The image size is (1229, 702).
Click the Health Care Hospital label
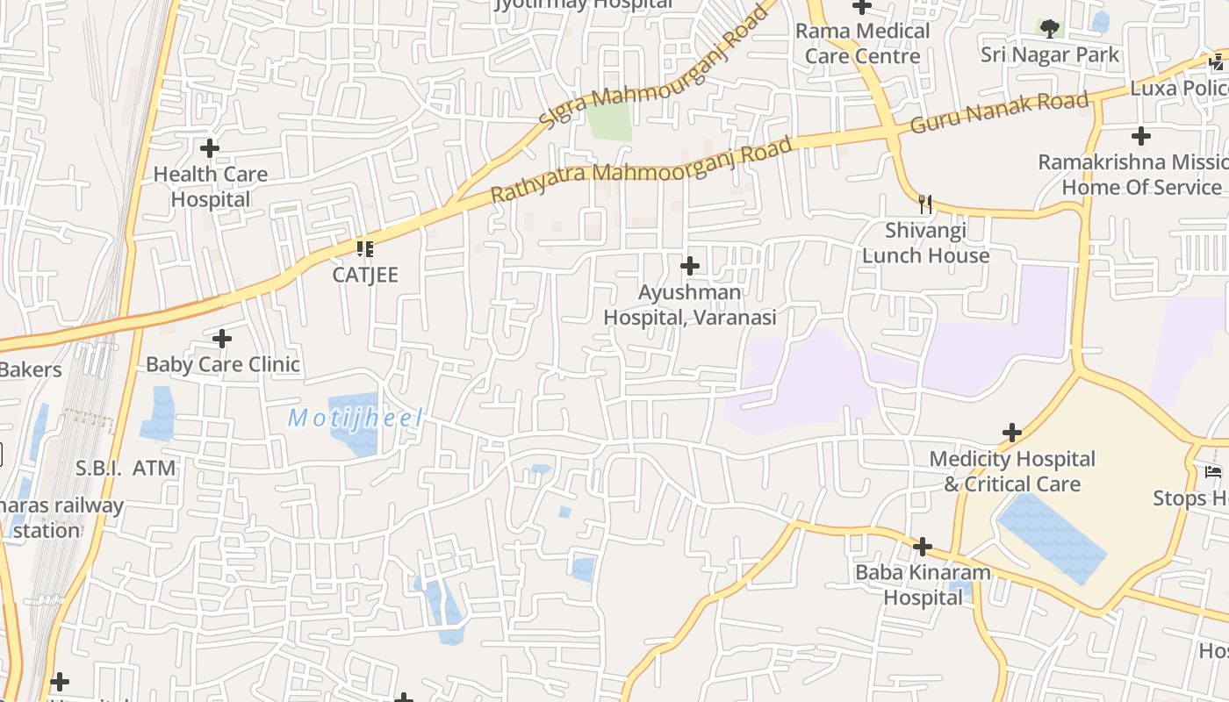coord(210,187)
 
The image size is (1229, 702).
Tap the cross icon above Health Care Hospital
coord(210,148)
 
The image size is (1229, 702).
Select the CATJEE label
coord(365,275)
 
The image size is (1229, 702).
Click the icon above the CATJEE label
coord(365,249)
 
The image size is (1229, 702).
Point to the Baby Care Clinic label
coord(223,364)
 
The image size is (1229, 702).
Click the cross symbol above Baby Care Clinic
coord(222,338)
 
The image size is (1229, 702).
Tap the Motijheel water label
coord(356,418)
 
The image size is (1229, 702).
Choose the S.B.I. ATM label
coord(126,469)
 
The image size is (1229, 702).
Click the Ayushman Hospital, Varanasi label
coord(690,304)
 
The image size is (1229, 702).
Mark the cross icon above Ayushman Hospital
coord(690,265)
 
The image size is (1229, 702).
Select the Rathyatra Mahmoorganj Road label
coord(642,168)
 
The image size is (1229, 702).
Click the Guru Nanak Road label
coord(999,112)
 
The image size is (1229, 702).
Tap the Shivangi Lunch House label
coord(925,243)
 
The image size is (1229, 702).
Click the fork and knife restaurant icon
coord(924,204)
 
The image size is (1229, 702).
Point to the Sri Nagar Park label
coord(1050,54)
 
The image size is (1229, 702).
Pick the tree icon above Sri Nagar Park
coord(1049,28)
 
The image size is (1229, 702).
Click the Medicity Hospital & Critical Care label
coord(1012,471)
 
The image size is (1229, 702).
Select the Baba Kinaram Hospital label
coord(923,585)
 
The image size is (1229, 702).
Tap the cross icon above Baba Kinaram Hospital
coord(922,547)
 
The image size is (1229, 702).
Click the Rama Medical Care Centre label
coord(862,43)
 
